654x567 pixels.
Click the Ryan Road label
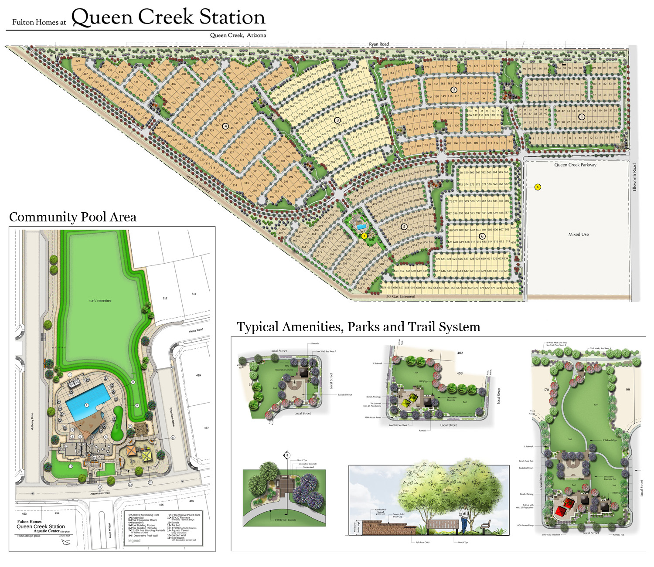[378, 44]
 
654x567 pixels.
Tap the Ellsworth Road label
[634, 177]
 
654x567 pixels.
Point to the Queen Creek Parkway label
[575, 165]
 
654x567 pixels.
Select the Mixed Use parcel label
[578, 234]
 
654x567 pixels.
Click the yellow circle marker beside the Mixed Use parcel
[538, 187]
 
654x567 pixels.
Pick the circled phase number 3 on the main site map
[337, 120]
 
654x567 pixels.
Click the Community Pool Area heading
[73, 217]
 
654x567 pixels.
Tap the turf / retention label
[100, 301]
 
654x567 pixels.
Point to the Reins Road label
[196, 331]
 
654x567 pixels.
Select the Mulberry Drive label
[32, 421]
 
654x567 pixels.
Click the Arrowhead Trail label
[100, 493]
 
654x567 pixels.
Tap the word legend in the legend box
[134, 541]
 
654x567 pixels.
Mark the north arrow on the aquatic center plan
[66, 542]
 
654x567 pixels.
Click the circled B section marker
[287, 455]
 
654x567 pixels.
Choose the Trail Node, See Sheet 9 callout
[600, 349]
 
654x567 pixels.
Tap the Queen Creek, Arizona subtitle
[238, 35]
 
